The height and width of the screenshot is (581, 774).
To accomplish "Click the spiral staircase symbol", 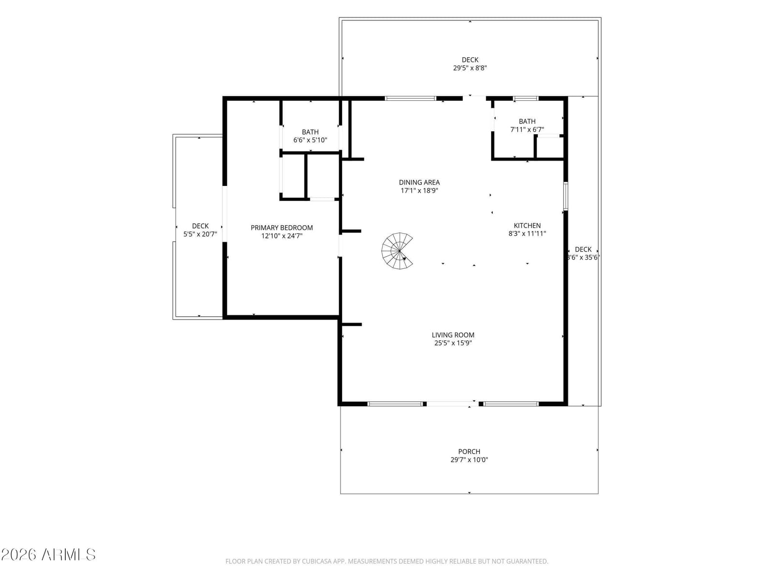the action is [x=397, y=251].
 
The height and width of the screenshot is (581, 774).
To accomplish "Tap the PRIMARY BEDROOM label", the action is [x=282, y=228].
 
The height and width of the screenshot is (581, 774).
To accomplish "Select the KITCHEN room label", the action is [x=527, y=226].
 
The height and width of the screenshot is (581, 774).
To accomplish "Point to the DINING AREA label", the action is [x=419, y=183].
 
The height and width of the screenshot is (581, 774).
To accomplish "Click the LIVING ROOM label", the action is [x=453, y=335].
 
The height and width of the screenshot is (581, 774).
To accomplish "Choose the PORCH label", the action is [x=469, y=451].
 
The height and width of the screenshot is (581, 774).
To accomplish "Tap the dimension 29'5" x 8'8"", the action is [x=470, y=68].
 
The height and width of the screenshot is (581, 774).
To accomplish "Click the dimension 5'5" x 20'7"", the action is [x=200, y=234].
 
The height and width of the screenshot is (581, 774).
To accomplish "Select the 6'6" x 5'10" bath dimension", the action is [x=310, y=140].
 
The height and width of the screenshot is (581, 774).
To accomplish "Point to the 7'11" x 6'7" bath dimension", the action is [x=527, y=129].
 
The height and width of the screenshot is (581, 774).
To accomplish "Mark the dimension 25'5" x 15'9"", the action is [x=453, y=343].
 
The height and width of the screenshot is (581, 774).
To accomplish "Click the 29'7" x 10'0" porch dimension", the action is [x=469, y=459].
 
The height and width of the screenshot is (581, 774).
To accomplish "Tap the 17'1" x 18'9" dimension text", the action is [x=419, y=190].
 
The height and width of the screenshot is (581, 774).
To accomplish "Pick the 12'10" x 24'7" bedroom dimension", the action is [x=282, y=236].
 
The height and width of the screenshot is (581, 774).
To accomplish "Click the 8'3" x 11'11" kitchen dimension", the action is [x=527, y=233].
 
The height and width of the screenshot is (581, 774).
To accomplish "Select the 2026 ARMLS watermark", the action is [x=48, y=554].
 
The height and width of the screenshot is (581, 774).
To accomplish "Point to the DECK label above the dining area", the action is [x=470, y=60].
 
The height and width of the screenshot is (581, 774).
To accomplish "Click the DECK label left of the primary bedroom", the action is [x=200, y=226].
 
